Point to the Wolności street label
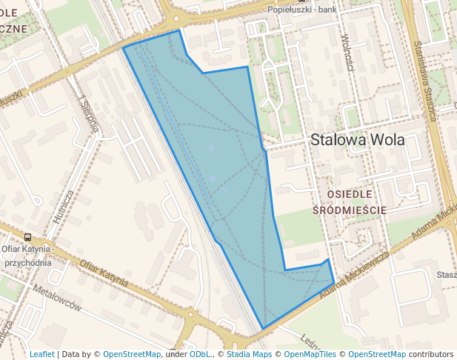(x=346, y=51)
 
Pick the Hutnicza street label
(x=63, y=207)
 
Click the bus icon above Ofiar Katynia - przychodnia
(x=27, y=238)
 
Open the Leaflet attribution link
(x=41, y=354)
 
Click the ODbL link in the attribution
(x=200, y=354)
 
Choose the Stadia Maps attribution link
(x=247, y=354)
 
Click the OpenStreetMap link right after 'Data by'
(x=132, y=354)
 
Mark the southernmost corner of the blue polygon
(x=263, y=329)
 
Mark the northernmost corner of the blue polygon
(x=179, y=31)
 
